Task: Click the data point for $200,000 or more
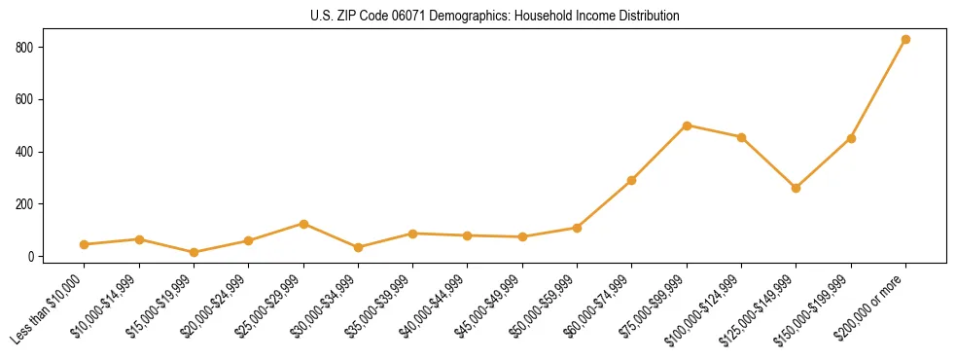pyautogui.click(x=905, y=40)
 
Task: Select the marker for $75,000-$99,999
pyautogui.click(x=687, y=126)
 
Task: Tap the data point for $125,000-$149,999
pyautogui.click(x=797, y=188)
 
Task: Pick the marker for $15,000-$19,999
pyautogui.click(x=194, y=253)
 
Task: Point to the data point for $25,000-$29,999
pyautogui.click(x=303, y=224)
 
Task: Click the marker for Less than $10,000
pyautogui.click(x=85, y=245)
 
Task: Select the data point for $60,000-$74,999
pyautogui.click(x=632, y=180)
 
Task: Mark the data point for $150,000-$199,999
pyautogui.click(x=851, y=138)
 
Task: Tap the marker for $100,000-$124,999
pyautogui.click(x=741, y=137)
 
